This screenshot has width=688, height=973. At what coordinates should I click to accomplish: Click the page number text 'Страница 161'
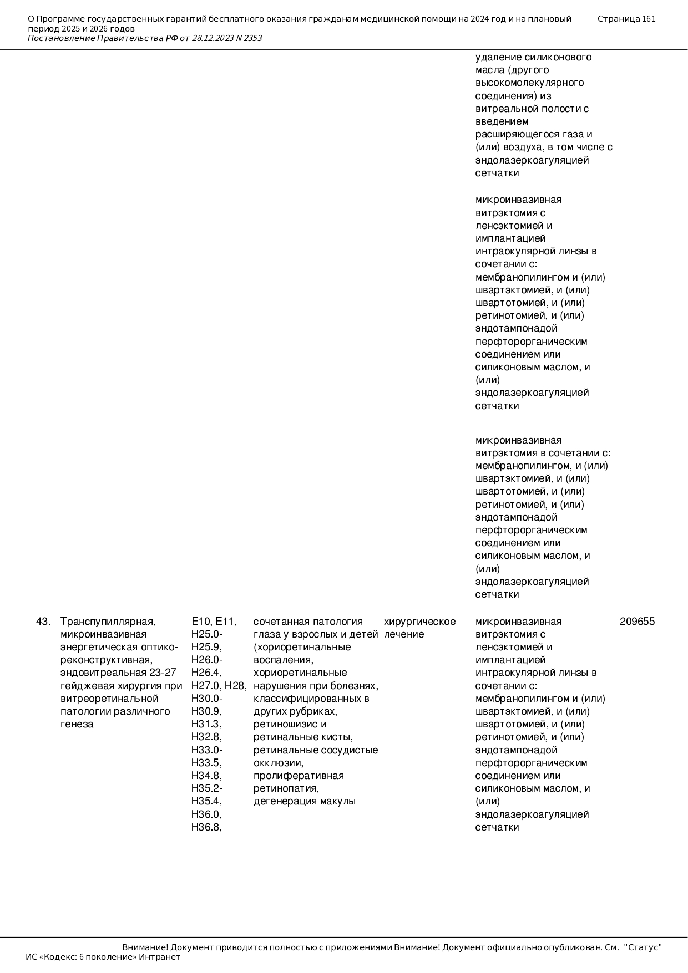coord(626,19)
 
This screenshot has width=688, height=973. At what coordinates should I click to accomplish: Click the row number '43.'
coord(43,622)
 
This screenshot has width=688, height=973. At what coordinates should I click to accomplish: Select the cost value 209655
coord(637,622)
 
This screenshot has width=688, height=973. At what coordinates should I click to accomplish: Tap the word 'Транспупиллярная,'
coord(108,622)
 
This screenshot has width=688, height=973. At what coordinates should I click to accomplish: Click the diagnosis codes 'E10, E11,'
coord(214,622)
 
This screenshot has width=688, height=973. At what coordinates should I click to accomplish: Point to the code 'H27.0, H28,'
coord(219,686)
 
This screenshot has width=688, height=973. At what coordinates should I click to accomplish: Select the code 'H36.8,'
coord(206,827)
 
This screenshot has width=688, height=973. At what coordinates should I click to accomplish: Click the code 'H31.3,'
coord(206,724)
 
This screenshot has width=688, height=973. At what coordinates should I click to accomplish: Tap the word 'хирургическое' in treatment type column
coord(419,622)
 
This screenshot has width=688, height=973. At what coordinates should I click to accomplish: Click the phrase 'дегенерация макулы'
coord(304,801)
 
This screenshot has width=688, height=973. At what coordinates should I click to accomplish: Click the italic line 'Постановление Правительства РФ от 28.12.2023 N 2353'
coord(145,38)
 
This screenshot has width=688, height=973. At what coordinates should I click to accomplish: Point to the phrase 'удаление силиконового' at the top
coord(533,57)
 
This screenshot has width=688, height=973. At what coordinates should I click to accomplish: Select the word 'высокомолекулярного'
coord(529,83)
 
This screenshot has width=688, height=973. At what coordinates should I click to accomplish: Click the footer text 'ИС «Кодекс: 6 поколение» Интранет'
coord(103,957)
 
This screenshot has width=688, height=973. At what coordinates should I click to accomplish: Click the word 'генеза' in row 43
coord(77,724)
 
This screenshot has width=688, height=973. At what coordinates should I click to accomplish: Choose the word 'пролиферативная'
coord(299,776)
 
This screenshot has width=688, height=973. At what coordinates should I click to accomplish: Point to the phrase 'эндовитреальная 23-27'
coord(118,673)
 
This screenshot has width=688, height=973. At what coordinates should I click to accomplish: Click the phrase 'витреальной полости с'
coord(532,109)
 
